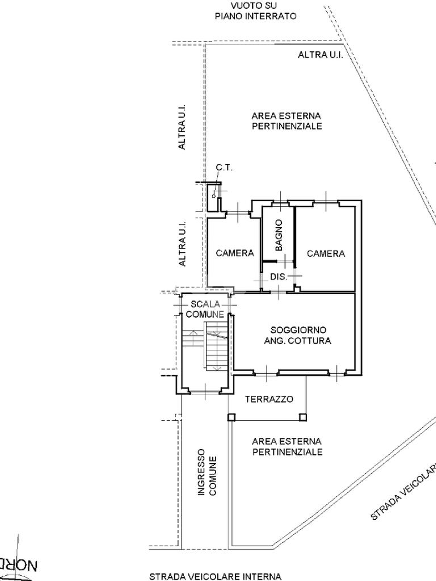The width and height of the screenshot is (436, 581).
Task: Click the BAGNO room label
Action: tap(279, 235)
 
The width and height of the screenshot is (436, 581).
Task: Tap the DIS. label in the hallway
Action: tap(278, 276)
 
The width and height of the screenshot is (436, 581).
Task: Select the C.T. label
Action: tap(224, 167)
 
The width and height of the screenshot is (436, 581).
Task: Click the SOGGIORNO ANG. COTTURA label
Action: tap(297, 335)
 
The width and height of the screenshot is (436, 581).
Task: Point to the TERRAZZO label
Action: tap(269, 399)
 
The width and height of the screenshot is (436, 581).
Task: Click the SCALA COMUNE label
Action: tap(205, 309)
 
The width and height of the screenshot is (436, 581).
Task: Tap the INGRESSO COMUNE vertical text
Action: tap(207, 472)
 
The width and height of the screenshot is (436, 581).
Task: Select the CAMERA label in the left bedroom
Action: tap(234, 252)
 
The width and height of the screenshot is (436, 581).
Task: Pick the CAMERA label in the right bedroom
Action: tap(326, 254)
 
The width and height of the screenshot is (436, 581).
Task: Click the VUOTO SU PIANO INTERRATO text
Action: tap(255, 11)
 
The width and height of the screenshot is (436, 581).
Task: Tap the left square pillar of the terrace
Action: tap(232, 417)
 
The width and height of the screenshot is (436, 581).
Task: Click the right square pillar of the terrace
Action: tap(303, 417)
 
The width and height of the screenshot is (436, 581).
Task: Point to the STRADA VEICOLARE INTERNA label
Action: tap(215, 576)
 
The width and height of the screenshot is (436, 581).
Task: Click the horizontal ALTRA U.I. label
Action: tap(320, 55)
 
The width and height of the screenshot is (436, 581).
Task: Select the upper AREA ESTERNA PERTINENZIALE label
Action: tap(287, 121)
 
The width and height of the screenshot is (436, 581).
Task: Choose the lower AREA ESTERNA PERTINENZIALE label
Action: tap(287, 447)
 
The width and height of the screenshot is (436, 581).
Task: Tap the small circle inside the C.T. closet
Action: tap(213, 196)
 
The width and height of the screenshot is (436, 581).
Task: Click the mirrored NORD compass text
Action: tap(19, 566)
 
